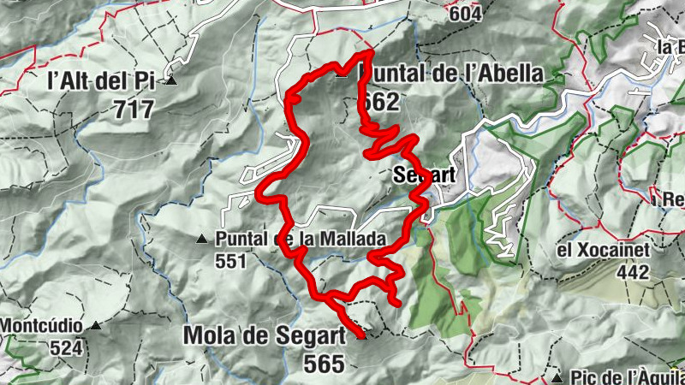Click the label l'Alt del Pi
tap(100, 82)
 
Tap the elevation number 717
tap(133, 110)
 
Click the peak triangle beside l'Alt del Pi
tap(172, 81)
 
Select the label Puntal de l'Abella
tap(450, 74)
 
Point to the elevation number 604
tap(464, 14)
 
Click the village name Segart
tap(421, 175)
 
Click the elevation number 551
tap(231, 261)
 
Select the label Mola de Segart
tap(263, 335)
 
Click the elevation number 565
tap(324, 363)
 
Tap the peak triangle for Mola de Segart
tap(360, 335)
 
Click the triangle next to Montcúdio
tap(97, 326)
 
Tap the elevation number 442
tap(634, 271)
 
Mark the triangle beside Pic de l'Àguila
tap(557, 376)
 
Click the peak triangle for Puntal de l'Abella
tap(342, 74)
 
